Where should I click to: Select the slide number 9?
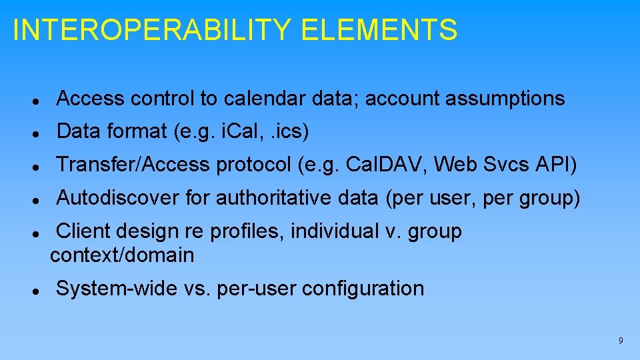coord(621,341)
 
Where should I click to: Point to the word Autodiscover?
coord(117,197)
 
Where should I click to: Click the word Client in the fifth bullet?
coord(85,231)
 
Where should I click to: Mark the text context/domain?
coord(122,255)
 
